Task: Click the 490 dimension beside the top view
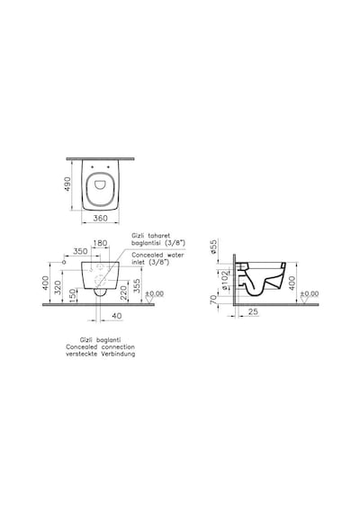(x=67, y=184)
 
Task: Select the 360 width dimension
(x=100, y=218)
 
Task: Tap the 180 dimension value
(x=100, y=243)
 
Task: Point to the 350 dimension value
(x=80, y=251)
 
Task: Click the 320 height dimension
(x=58, y=287)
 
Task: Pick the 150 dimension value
(x=72, y=295)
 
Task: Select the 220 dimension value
(x=123, y=292)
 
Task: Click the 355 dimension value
(x=137, y=286)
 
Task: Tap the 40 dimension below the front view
(x=117, y=316)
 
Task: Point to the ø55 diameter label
(x=213, y=247)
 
